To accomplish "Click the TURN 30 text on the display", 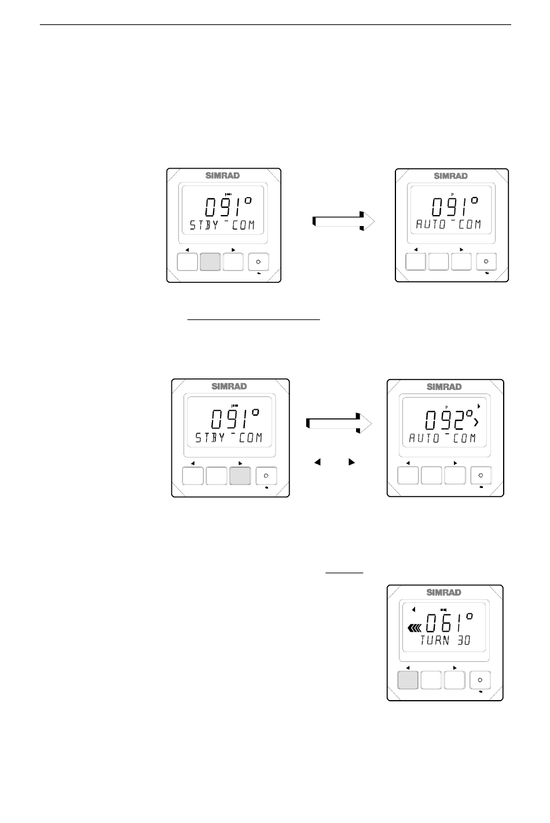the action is point(445,640).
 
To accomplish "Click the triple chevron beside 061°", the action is point(415,628).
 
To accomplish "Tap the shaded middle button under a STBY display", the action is point(210,262).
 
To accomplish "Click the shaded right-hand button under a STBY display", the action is point(240,476).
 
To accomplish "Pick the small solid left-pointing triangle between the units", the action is point(317,463).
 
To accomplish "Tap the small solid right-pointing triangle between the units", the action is point(351,463).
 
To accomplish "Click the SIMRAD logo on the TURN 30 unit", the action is point(444,592).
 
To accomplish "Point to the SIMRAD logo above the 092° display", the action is point(444,387).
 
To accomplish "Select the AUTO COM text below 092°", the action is point(442,439).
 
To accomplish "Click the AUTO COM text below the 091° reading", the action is point(448,225).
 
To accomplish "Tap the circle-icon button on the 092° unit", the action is point(481,476).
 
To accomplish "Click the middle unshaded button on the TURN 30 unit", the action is point(431,680).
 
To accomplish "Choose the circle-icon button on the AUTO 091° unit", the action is point(486,262).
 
